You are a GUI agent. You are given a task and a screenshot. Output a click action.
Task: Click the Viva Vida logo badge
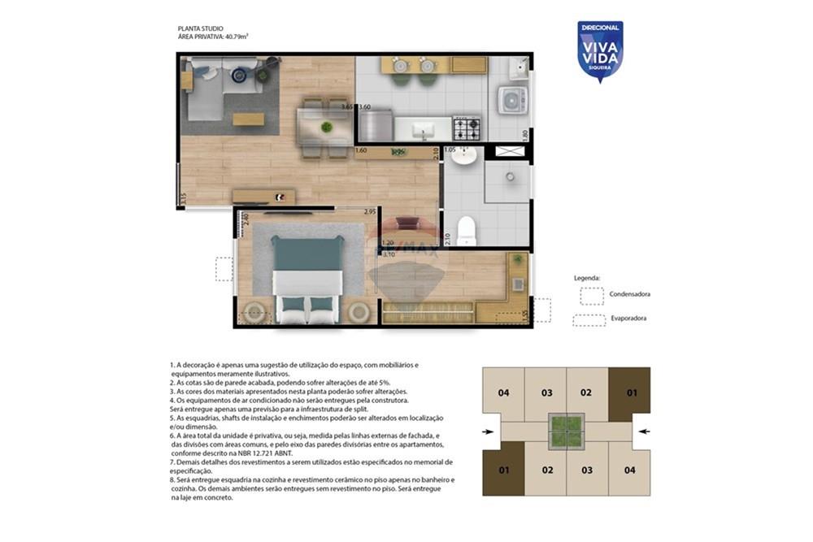coord(600,50)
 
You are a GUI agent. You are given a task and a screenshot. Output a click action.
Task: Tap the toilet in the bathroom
coord(466,230)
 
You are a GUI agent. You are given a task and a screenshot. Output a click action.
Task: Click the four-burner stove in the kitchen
coord(466,128)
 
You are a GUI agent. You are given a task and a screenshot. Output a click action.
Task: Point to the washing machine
coord(514,101)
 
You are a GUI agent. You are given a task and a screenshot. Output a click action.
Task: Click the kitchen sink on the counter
coord(422,129)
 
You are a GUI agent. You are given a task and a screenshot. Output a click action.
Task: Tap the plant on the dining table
coord(326,127)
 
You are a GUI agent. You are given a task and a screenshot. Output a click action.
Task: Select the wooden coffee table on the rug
coord(248,119)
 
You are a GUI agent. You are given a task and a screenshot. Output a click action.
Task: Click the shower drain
coord(510,176)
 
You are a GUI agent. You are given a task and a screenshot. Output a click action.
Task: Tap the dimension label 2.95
coord(370,212)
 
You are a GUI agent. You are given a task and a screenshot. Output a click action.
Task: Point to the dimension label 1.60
coord(362,151)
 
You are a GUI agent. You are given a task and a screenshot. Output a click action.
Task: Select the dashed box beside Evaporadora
coord(589,319)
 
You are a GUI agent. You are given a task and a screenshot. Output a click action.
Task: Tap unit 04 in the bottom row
coord(629,470)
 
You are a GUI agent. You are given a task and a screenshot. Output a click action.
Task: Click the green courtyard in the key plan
coord(567,431)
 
